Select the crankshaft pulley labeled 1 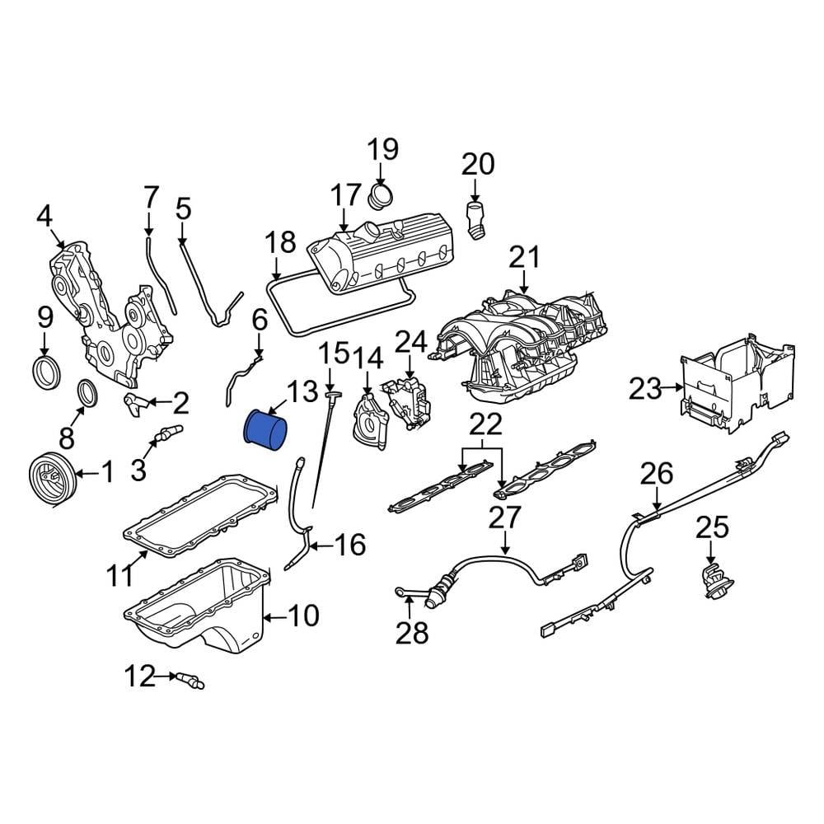(x=50, y=478)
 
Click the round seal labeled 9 (x=46, y=372)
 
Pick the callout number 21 (x=524, y=258)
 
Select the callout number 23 (x=645, y=390)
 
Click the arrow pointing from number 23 (x=672, y=388)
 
